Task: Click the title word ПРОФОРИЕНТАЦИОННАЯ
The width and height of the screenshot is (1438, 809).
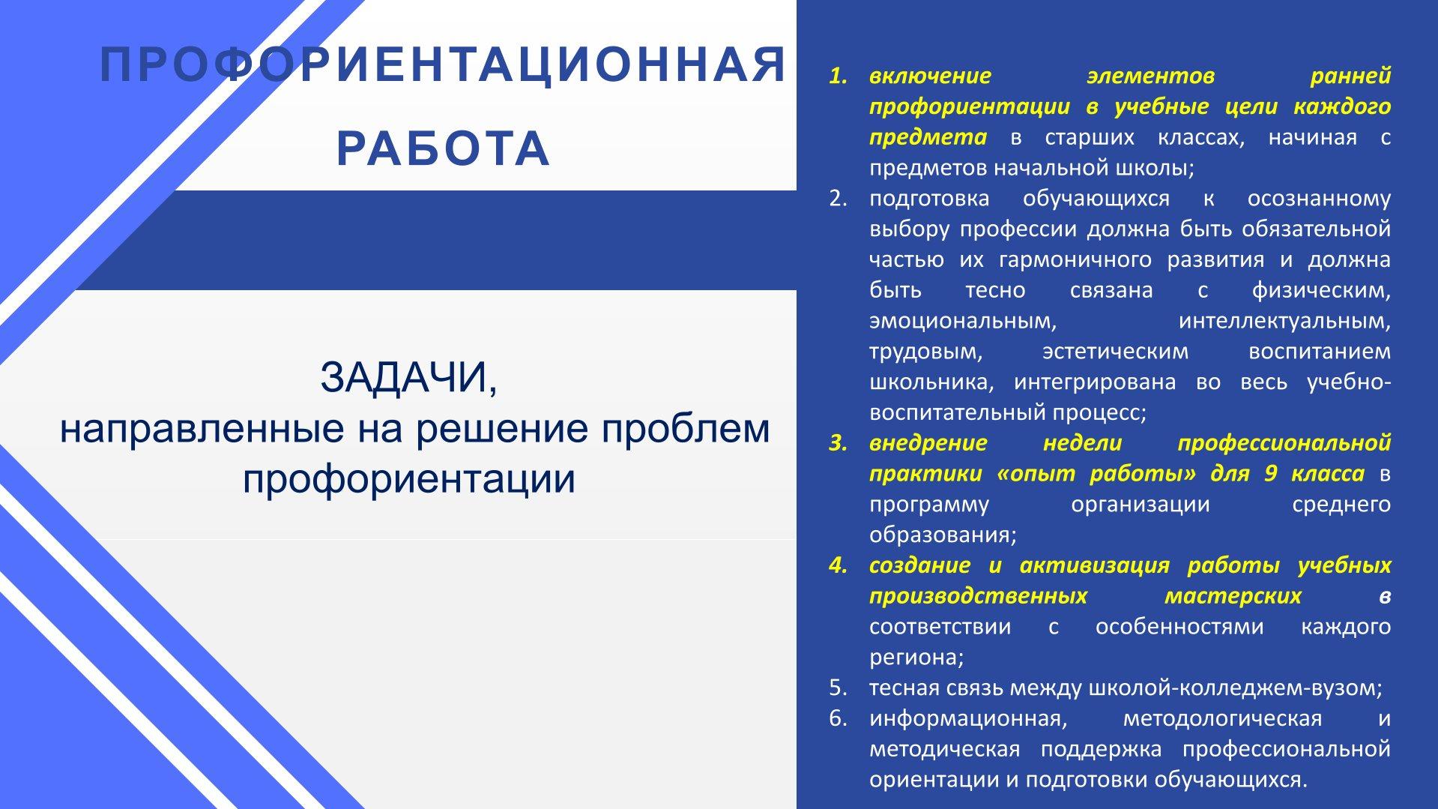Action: pos(444,65)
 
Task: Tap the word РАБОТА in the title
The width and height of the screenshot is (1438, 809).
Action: pos(444,148)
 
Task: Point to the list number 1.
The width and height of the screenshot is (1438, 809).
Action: pos(838,76)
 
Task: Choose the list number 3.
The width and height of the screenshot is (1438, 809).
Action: pos(838,443)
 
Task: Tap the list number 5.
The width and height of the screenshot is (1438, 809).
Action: pos(838,688)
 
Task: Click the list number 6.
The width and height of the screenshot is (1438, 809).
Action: pos(838,718)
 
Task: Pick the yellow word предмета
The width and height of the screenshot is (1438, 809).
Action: pos(928,137)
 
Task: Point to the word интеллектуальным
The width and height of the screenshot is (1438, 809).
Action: pos(1284,322)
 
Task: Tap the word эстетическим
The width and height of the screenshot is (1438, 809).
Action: pos(1116,352)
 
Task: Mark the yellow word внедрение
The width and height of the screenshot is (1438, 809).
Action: pos(928,443)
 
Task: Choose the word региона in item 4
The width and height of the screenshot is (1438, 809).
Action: pos(916,658)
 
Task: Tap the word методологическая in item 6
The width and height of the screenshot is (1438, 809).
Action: pos(1222,718)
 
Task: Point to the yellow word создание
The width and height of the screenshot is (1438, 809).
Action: pos(921,565)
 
